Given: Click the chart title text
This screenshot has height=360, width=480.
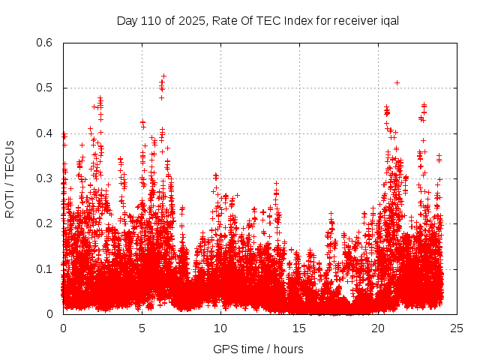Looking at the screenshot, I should click(257, 20).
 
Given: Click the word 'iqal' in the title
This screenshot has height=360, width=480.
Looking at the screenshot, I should click(388, 20).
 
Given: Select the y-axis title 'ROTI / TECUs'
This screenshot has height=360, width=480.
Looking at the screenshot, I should click(10, 178).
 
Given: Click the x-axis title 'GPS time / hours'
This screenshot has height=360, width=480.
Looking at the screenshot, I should click(258, 349).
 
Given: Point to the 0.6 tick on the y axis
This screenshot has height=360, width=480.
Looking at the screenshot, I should click(45, 43).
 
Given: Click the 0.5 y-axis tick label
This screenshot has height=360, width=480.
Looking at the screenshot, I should click(45, 88).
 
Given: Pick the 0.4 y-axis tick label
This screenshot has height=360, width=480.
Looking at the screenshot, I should click(45, 133).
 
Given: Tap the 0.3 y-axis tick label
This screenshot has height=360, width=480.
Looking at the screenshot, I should click(45, 178).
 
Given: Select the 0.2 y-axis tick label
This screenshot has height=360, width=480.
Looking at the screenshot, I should click(45, 223).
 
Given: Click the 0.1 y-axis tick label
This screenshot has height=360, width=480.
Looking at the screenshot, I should click(45, 268).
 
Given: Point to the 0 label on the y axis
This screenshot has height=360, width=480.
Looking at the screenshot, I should click(51, 314).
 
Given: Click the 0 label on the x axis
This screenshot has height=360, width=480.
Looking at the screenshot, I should click(63, 328).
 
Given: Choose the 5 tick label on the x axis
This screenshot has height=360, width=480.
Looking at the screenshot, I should click(142, 328).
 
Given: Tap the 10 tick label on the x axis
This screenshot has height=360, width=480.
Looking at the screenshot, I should click(220, 328).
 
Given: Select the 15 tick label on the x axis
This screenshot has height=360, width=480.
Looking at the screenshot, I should click(299, 328).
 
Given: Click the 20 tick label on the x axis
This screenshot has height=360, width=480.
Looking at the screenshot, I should click(378, 328).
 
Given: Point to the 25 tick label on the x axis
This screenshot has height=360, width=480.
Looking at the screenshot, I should click(457, 328).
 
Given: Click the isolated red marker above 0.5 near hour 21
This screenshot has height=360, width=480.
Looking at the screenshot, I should click(397, 82).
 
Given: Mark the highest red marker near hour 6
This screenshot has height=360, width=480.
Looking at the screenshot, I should click(163, 76).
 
